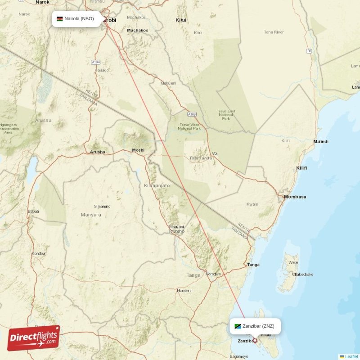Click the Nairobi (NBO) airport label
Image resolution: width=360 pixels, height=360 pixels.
point(79,19)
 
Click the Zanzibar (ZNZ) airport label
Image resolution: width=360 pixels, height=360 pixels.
point(258,326)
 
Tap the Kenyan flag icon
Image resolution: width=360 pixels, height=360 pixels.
point(59,19)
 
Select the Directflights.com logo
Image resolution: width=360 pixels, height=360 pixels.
point(34,338)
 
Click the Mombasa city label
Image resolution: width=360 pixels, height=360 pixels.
point(295,197)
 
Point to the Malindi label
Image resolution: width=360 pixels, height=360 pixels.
point(321,142)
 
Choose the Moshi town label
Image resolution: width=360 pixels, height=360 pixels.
point(138,150)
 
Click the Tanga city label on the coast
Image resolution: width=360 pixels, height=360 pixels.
point(253,265)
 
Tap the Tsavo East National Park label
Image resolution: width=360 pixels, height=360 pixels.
point(225,115)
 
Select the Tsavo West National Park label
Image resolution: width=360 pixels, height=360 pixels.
point(189,126)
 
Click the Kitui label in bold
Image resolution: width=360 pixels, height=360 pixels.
point(181,20)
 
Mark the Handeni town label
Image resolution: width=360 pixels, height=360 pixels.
point(184,291)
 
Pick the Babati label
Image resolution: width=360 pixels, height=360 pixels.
point(33,211)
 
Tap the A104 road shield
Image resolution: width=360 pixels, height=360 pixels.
point(95,62)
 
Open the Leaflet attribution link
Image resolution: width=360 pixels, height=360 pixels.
point(351,356)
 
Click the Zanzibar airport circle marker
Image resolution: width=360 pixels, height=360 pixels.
point(255,340)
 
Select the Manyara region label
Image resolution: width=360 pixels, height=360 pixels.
point(91,215)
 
